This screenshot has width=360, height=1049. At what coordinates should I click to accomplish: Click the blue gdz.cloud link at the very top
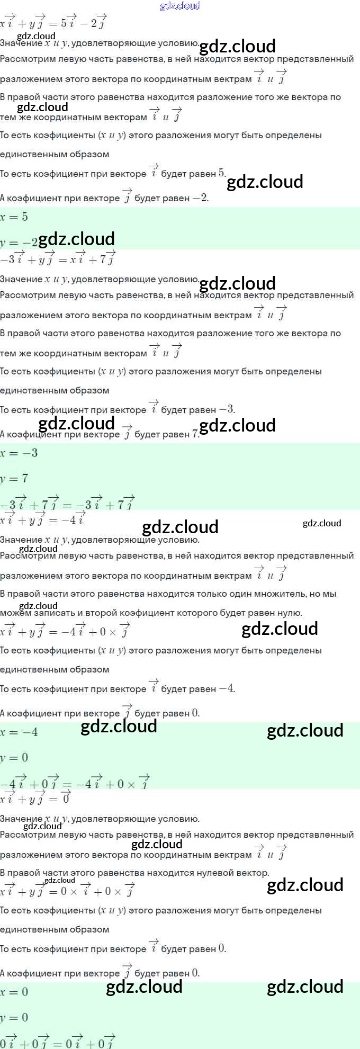pyautogui.click(x=180, y=6)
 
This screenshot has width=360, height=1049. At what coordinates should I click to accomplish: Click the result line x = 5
pyautogui.click(x=14, y=217)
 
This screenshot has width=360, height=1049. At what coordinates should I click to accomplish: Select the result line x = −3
pyautogui.click(x=19, y=453)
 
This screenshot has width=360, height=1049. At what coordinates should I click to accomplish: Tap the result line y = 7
pyautogui.click(x=14, y=479)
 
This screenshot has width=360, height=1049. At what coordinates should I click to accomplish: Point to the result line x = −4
pyautogui.click(x=19, y=732)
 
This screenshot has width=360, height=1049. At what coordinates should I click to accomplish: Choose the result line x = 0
pyautogui.click(x=14, y=992)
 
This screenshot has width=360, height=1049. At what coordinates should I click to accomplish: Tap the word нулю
pyautogui.click(x=290, y=613)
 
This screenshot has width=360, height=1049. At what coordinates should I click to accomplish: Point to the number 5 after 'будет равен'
pyautogui.click(x=221, y=173)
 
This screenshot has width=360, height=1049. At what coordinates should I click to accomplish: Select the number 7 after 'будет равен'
pyautogui.click(x=195, y=434)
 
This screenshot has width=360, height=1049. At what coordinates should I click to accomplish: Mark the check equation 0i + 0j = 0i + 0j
pyautogui.click(x=58, y=1041)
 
